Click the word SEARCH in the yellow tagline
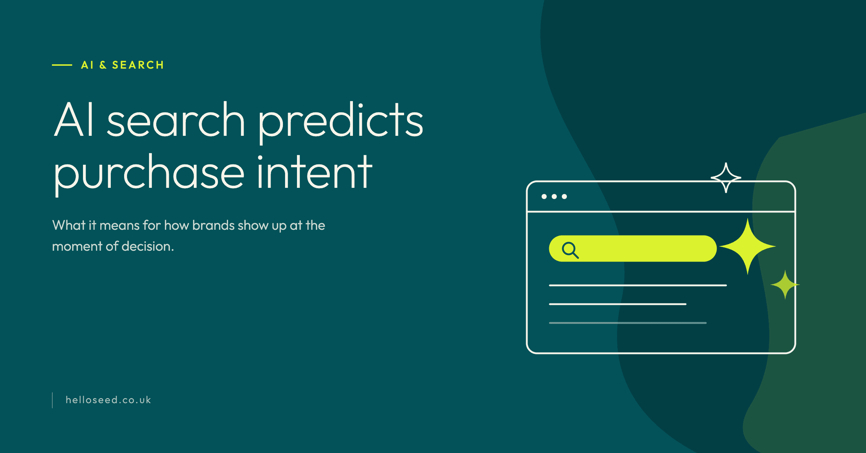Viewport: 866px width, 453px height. click(x=138, y=65)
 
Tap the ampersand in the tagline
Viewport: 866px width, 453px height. click(x=103, y=65)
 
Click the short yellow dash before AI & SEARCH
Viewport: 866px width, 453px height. click(x=62, y=65)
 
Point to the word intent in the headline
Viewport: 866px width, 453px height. click(x=314, y=172)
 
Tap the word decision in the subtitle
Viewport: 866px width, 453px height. click(x=148, y=246)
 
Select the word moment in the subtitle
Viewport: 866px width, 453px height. click(x=77, y=246)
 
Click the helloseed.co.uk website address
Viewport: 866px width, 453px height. click(x=108, y=400)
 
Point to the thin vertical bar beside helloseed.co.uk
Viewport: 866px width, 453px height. click(x=52, y=400)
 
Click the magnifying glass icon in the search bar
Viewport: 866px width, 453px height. click(x=570, y=250)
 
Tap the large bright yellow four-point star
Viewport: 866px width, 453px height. click(x=747, y=246)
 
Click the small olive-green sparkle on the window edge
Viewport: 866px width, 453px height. click(x=785, y=285)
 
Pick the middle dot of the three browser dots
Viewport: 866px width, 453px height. click(x=554, y=197)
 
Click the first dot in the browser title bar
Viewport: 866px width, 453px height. click(x=544, y=197)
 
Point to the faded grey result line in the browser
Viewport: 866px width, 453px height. click(x=628, y=323)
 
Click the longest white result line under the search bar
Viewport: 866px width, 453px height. click(x=638, y=285)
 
